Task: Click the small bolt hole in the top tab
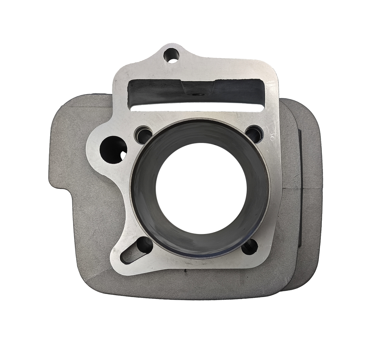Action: coord(172,55)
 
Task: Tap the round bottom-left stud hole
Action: coord(144,246)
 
